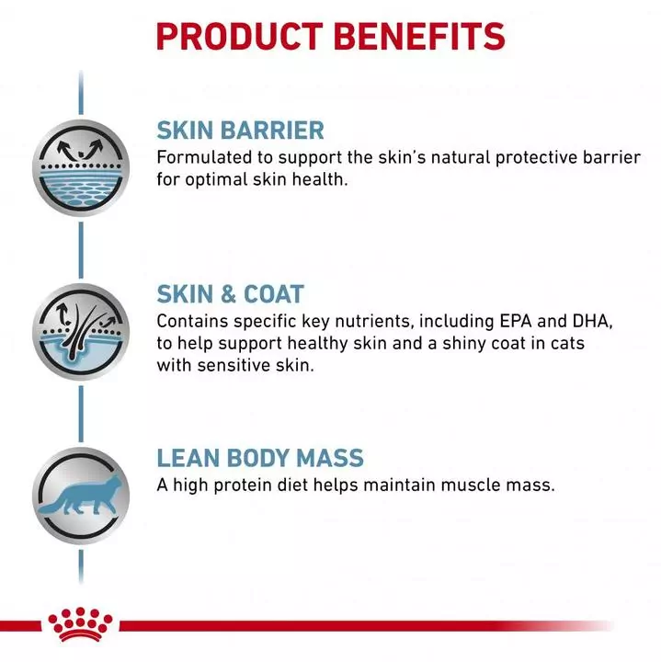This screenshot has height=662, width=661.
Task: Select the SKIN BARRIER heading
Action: pos(240,130)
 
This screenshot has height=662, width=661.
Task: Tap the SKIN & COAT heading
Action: pos(230,294)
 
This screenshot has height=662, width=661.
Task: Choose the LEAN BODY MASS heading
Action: pos(260,458)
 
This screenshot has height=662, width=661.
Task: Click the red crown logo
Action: pos(82,622)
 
